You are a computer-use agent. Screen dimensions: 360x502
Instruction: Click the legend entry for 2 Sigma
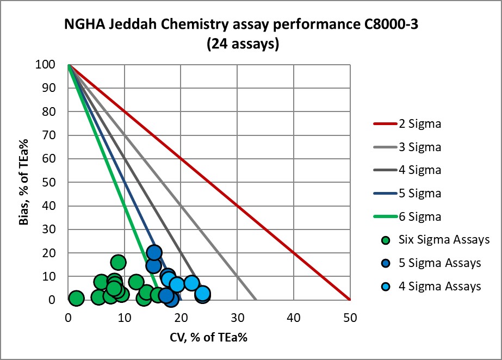[x=419, y=124]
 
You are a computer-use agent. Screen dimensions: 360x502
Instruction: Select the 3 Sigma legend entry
[x=419, y=147]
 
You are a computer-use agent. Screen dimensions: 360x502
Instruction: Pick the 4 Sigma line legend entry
[x=419, y=170]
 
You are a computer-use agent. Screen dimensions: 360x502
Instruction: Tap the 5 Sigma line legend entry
[x=419, y=193]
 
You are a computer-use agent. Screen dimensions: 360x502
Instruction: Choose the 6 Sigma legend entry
[x=419, y=216]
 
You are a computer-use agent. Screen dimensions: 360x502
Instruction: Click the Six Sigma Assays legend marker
[x=386, y=239]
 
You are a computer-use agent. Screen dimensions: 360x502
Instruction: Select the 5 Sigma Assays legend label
[x=439, y=263]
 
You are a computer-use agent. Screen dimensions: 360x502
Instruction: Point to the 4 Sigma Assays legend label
[x=439, y=286]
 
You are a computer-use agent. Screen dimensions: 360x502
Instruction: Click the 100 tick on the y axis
[x=55, y=65]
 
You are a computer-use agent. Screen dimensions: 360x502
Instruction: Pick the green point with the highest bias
[x=118, y=262]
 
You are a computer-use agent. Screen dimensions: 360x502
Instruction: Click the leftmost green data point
[x=76, y=298]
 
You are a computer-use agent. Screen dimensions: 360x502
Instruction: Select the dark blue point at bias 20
[x=154, y=252]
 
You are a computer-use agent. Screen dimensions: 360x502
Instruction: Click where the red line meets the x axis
[x=350, y=300]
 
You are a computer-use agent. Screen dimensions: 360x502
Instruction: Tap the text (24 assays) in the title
[x=243, y=45]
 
